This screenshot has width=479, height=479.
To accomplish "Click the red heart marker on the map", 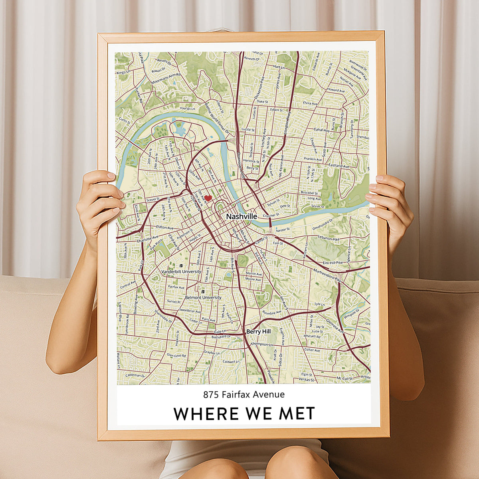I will pyautogui.click(x=208, y=198).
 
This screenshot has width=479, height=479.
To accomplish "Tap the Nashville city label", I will pyautogui.click(x=241, y=216).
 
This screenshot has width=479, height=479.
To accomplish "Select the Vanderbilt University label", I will pyautogui.click(x=181, y=271).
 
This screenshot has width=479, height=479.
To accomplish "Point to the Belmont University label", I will pyautogui.click(x=203, y=297).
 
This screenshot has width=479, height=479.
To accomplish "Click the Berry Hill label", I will pyautogui.click(x=259, y=331).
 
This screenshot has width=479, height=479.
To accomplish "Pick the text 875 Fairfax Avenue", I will pyautogui.click(x=244, y=394).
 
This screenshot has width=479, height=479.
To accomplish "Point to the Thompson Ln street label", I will pyautogui.click(x=261, y=344).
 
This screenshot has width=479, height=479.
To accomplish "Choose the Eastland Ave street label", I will pyautogui.click(x=338, y=165).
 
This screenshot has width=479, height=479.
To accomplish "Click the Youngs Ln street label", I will pyautogui.click(x=188, y=109).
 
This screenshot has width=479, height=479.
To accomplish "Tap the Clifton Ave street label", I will pyautogui.click(x=165, y=228).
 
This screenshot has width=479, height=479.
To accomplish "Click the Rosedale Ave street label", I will pyautogui.click(x=272, y=313).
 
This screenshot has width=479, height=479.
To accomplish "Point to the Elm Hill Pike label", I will pyautogui.click(x=333, y=263).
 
